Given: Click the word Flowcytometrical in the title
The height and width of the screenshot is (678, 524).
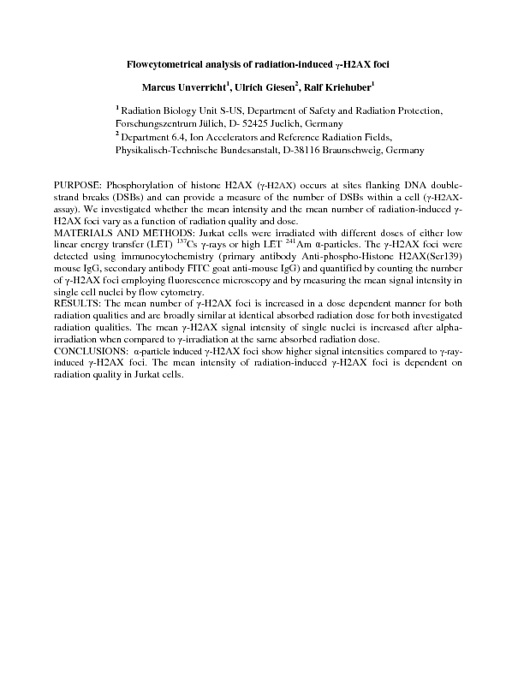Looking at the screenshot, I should point(162,64).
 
